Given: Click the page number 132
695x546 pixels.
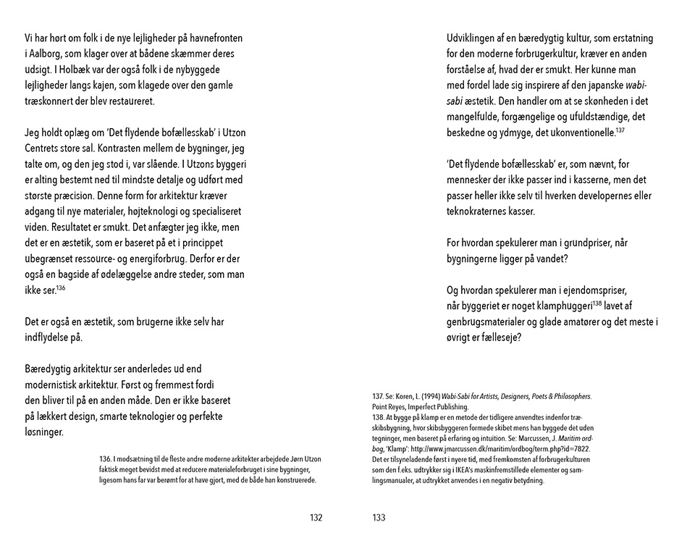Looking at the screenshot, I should [x=316, y=518].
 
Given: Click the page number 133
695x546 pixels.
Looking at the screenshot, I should [x=379, y=518].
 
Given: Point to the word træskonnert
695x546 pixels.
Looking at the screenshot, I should [x=52, y=101].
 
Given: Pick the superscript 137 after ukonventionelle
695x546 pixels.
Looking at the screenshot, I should [x=620, y=129].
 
